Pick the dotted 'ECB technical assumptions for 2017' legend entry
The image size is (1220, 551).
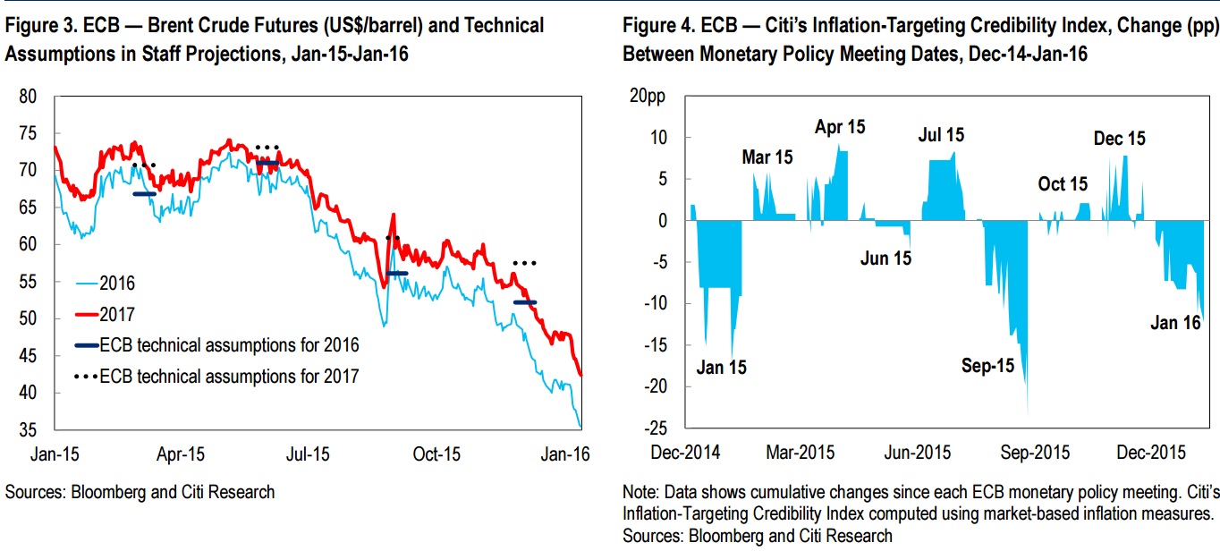(x=229, y=376)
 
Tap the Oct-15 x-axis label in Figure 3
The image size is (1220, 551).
(x=437, y=454)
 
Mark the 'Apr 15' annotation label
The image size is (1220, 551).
(x=840, y=127)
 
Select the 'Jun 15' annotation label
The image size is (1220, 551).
(x=885, y=259)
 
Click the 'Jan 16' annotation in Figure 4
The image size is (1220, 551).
(x=1174, y=323)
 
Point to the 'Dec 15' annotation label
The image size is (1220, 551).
(x=1119, y=139)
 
